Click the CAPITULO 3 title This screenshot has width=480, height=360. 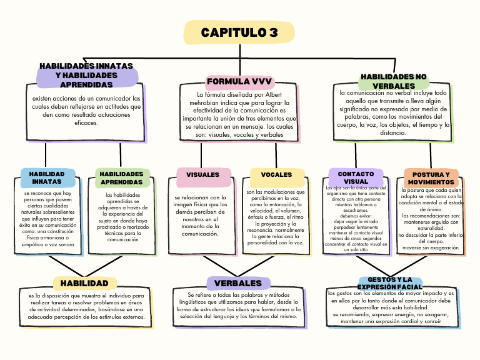[239, 32]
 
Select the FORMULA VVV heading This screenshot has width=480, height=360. [239, 82]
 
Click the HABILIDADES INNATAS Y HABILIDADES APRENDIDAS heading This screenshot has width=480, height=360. [86, 76]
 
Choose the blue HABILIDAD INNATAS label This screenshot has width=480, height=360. [47, 177]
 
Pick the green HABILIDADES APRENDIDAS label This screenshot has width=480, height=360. [122, 178]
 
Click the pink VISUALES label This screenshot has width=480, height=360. [203, 175]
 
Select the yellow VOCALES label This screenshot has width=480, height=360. [276, 175]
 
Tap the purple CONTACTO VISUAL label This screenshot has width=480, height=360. [356, 177]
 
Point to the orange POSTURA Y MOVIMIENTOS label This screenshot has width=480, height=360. [431, 178]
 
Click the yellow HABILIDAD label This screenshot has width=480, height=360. [84, 283]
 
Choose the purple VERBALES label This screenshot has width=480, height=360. [238, 283]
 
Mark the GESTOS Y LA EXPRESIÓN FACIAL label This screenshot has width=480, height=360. [391, 283]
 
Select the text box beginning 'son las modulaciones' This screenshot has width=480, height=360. [276, 217]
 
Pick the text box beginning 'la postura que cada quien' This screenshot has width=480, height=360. [431, 219]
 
